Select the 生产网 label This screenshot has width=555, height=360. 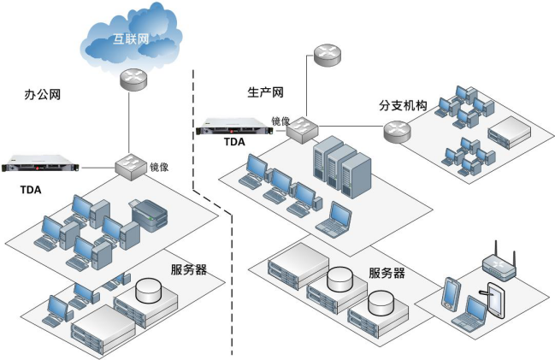click(265, 91)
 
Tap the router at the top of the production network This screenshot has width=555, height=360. click(326, 57)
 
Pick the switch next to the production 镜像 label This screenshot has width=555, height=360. click(302, 130)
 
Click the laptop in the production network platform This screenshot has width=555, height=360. click(334, 219)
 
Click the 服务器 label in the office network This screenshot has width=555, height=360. click(189, 269)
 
